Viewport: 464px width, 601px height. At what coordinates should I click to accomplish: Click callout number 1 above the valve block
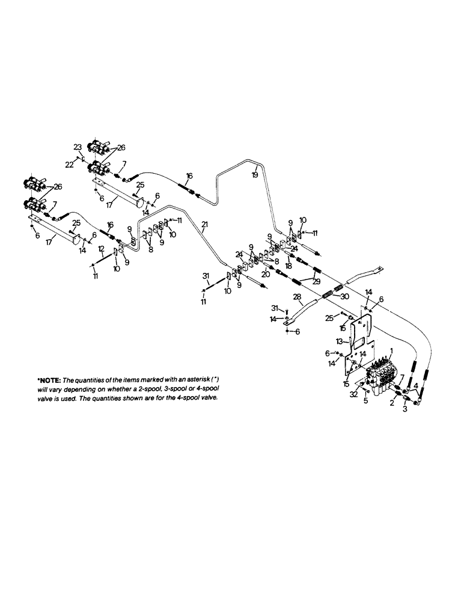point(391,350)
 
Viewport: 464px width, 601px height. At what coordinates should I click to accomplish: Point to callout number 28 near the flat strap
point(297,297)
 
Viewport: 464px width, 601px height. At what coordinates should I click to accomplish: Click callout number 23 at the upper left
point(78,146)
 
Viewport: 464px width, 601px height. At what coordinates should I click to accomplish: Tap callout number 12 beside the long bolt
point(101,248)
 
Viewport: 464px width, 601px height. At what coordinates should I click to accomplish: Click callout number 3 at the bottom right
point(404,410)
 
